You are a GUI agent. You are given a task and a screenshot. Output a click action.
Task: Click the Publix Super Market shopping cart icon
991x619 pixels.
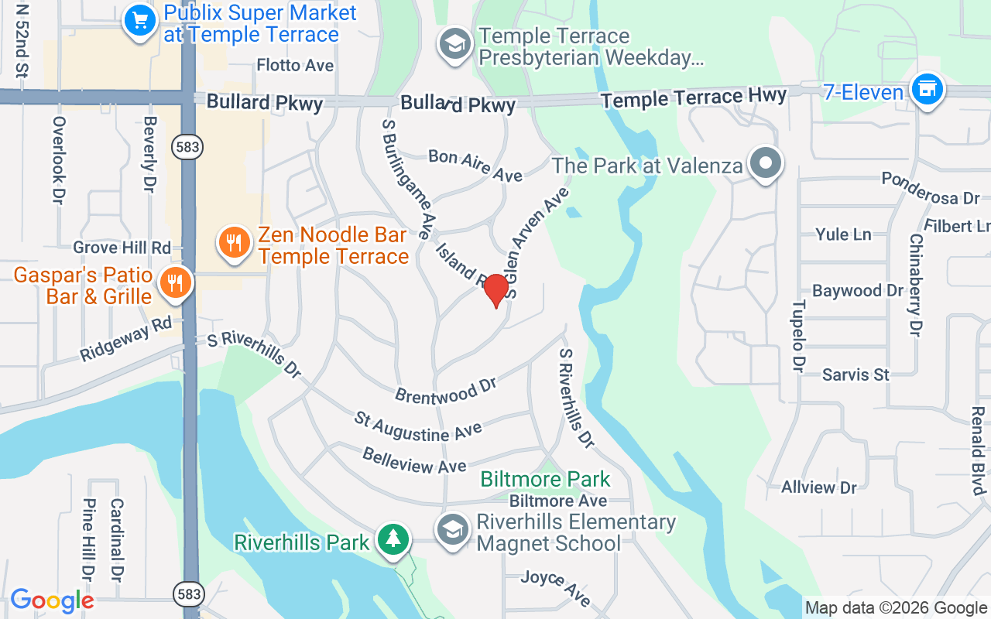point(140,21)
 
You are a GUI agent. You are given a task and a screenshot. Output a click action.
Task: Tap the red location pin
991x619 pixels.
point(496,290)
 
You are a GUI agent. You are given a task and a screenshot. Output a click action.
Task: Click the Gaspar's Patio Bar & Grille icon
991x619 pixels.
point(176,282)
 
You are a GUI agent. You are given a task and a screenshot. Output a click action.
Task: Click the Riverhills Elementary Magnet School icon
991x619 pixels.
point(453,530)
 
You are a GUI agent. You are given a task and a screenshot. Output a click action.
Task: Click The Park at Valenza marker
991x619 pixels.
point(766,164)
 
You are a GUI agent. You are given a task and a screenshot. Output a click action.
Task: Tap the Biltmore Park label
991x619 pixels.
point(545,480)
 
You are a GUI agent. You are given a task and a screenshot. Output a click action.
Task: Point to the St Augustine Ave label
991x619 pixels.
point(418,427)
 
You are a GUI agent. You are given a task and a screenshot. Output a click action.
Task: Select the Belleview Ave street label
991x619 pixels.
point(414,460)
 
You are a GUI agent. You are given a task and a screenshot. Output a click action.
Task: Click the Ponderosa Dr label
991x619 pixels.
point(931,187)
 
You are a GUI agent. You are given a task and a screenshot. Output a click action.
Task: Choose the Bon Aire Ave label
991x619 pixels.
point(475,166)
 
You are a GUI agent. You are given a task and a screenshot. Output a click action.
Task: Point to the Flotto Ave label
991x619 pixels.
point(295,65)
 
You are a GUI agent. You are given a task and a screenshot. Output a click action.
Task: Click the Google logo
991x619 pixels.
point(52,600)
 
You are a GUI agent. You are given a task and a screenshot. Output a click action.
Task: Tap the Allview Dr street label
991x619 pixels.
point(819,487)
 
